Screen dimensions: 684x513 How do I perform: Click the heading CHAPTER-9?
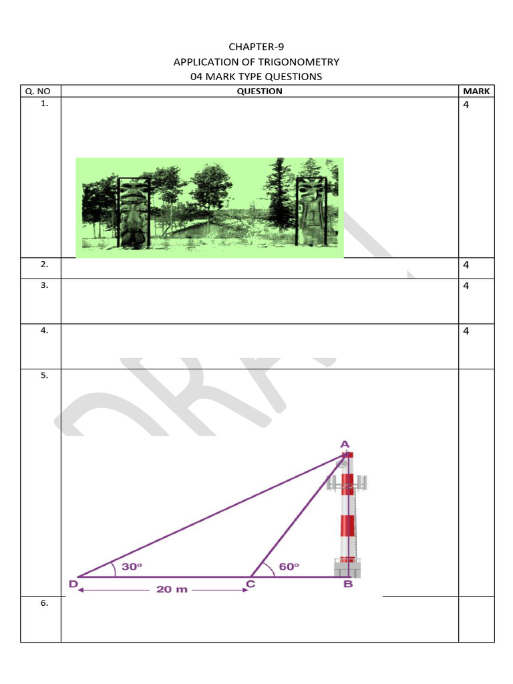click(256, 47)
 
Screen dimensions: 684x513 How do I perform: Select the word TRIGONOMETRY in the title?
click(304, 61)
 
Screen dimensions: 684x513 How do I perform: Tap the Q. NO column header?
click(40, 91)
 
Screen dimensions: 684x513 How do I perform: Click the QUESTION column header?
click(259, 91)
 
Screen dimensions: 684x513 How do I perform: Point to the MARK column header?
click(476, 91)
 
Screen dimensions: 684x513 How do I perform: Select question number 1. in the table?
click(44, 104)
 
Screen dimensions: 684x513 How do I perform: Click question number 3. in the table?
click(44, 285)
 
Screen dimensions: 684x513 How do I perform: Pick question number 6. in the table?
click(44, 603)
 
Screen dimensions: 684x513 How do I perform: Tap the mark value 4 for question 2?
click(466, 265)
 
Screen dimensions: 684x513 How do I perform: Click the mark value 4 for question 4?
click(466, 331)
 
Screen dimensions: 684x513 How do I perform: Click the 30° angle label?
click(132, 566)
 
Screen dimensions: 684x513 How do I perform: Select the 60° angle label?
click(289, 566)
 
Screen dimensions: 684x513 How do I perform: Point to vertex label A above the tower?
click(345, 444)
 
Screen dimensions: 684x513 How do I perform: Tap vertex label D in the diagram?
click(73, 584)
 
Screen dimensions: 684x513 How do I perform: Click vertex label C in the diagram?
click(250, 584)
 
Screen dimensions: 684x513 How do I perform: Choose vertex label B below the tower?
click(347, 585)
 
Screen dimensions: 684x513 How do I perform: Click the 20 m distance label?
click(172, 590)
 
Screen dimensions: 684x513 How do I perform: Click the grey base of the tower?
click(347, 568)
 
